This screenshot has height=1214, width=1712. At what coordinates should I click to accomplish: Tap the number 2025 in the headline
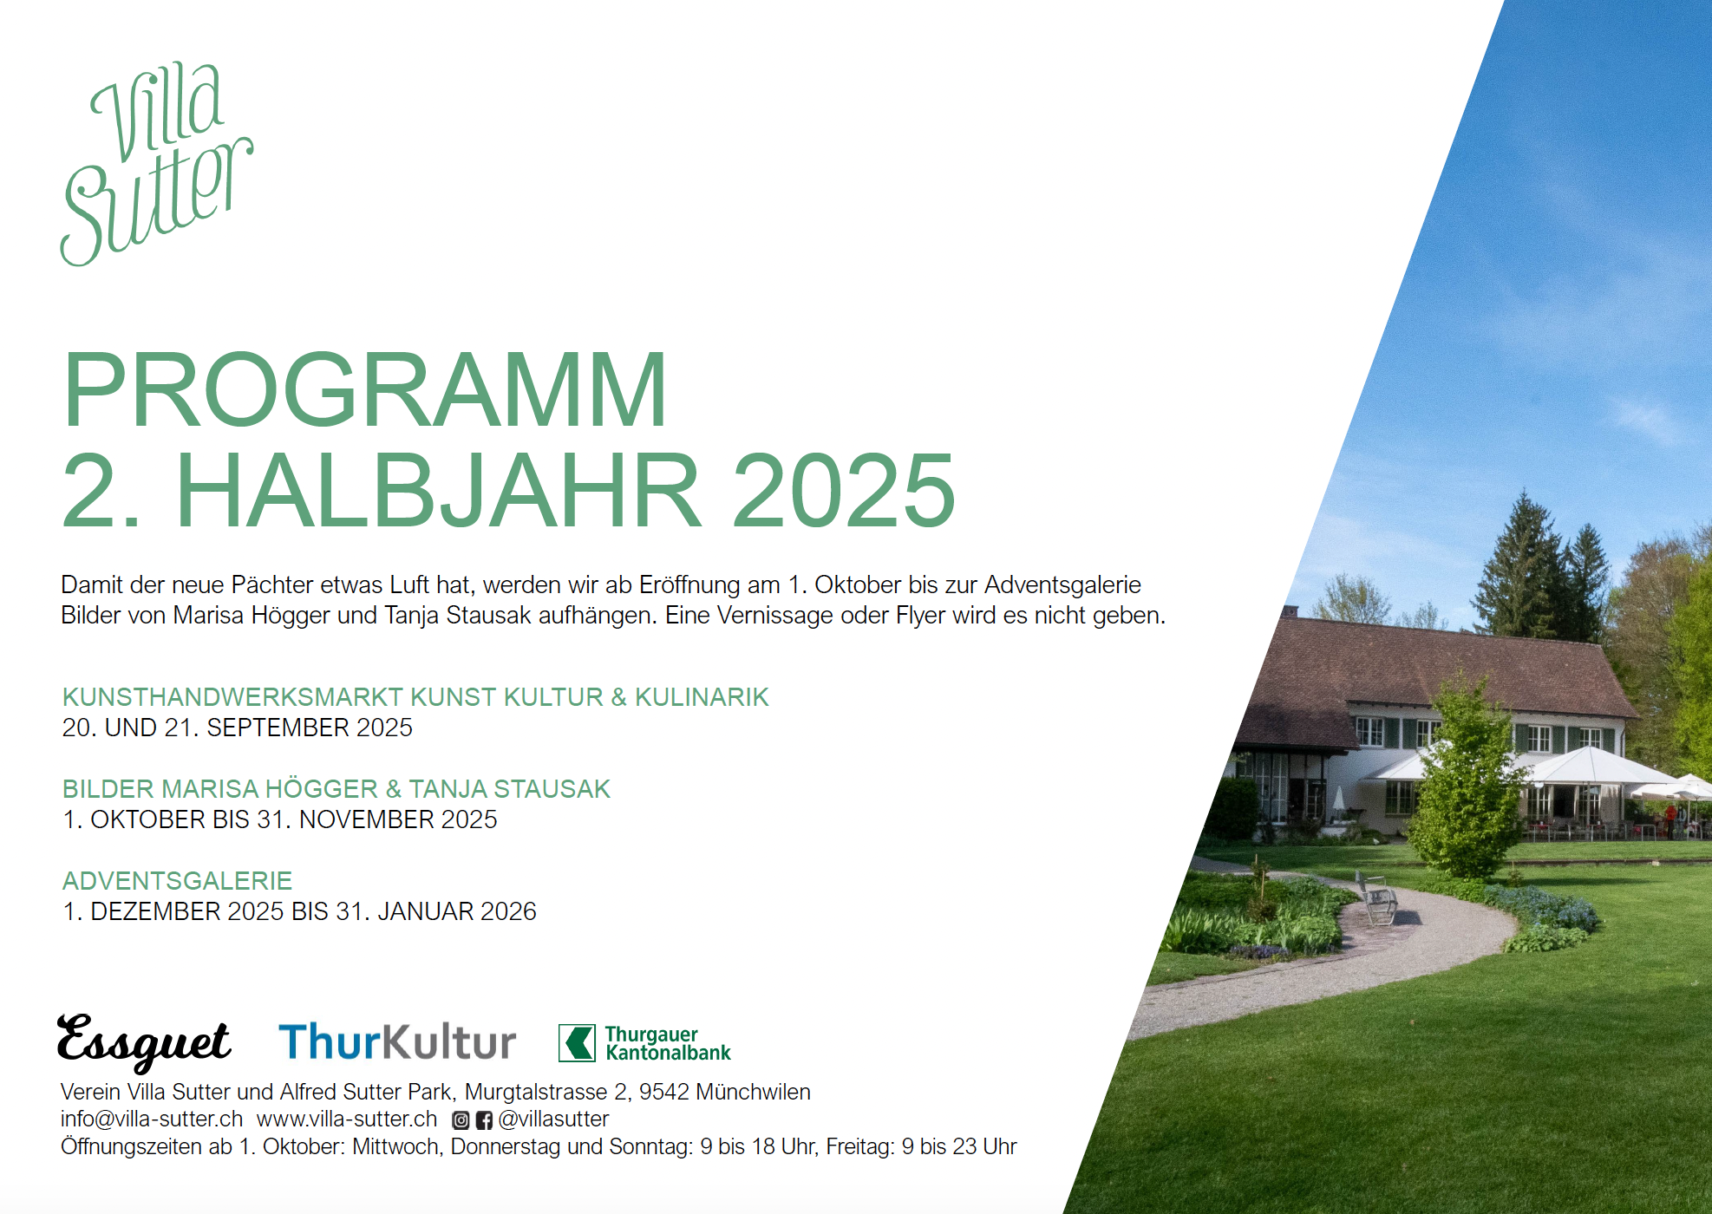(x=844, y=490)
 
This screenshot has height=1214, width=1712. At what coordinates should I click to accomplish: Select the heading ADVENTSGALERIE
(x=177, y=881)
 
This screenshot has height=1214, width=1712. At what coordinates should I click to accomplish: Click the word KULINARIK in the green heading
(x=702, y=697)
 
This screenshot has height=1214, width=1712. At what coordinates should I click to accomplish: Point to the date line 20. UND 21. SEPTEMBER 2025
(x=237, y=728)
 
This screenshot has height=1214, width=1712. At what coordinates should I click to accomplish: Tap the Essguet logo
(x=144, y=1041)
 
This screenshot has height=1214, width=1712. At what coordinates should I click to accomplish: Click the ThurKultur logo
(x=397, y=1041)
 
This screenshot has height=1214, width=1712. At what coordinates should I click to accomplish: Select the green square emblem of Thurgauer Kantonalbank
(x=577, y=1043)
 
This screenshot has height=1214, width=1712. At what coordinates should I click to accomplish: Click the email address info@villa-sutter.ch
(x=152, y=1119)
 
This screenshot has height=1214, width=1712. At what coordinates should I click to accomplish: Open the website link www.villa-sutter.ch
(x=347, y=1119)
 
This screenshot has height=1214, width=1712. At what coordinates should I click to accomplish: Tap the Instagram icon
(x=461, y=1120)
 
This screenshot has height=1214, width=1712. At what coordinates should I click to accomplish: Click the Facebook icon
(x=484, y=1120)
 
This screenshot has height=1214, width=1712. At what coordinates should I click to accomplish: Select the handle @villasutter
(x=553, y=1119)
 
